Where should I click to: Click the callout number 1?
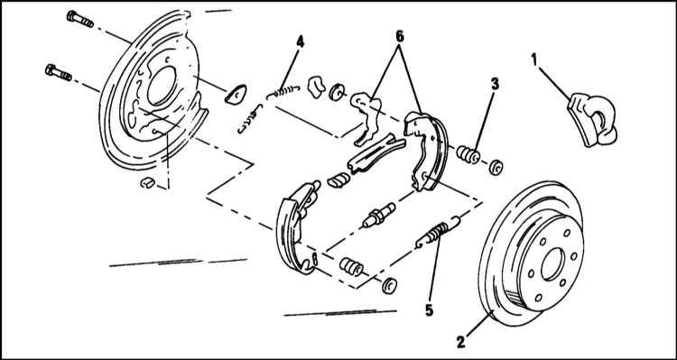(x=534, y=60)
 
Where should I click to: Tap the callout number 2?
(x=461, y=341)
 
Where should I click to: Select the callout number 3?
(x=495, y=84)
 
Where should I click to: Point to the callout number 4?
(x=300, y=42)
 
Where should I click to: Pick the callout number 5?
(x=429, y=310)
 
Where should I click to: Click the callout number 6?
(x=400, y=37)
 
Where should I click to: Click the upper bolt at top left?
(x=79, y=19)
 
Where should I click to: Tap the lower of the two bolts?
(x=59, y=72)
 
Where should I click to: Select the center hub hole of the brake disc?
(x=552, y=263)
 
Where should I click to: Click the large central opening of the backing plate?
(x=162, y=86)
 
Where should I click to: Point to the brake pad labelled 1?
(x=592, y=120)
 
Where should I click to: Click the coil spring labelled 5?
(x=438, y=232)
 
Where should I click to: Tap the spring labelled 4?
(x=283, y=91)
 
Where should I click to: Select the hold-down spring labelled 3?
(x=468, y=154)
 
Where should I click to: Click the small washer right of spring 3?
(x=496, y=167)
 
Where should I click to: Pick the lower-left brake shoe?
(x=296, y=227)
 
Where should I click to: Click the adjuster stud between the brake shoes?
(x=378, y=215)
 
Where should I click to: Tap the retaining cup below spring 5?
(x=389, y=286)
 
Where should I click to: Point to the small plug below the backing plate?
(x=147, y=182)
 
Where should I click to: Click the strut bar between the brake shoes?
(x=376, y=153)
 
